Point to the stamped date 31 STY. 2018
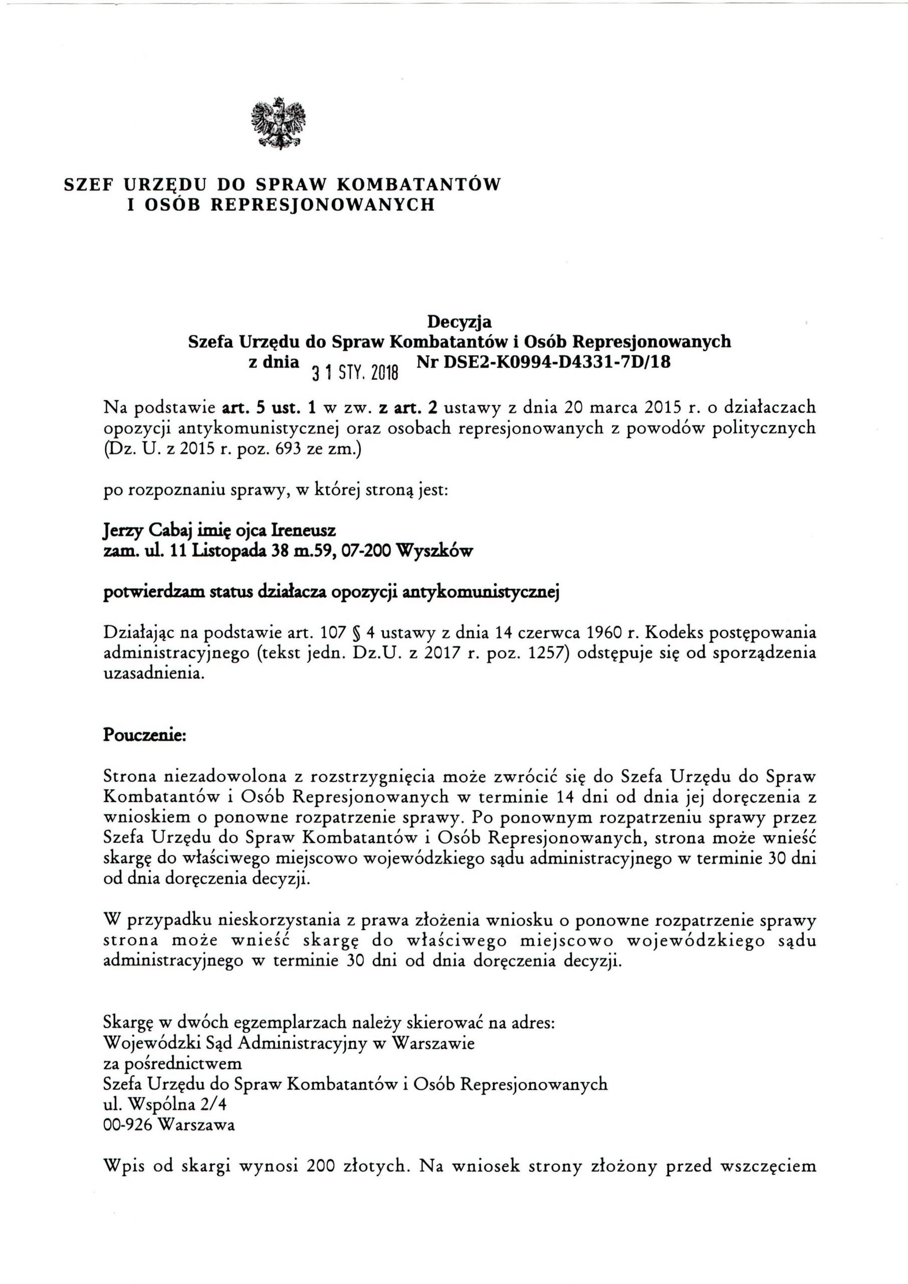[354, 370]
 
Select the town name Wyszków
[434, 552]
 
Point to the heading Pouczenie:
[145, 736]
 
